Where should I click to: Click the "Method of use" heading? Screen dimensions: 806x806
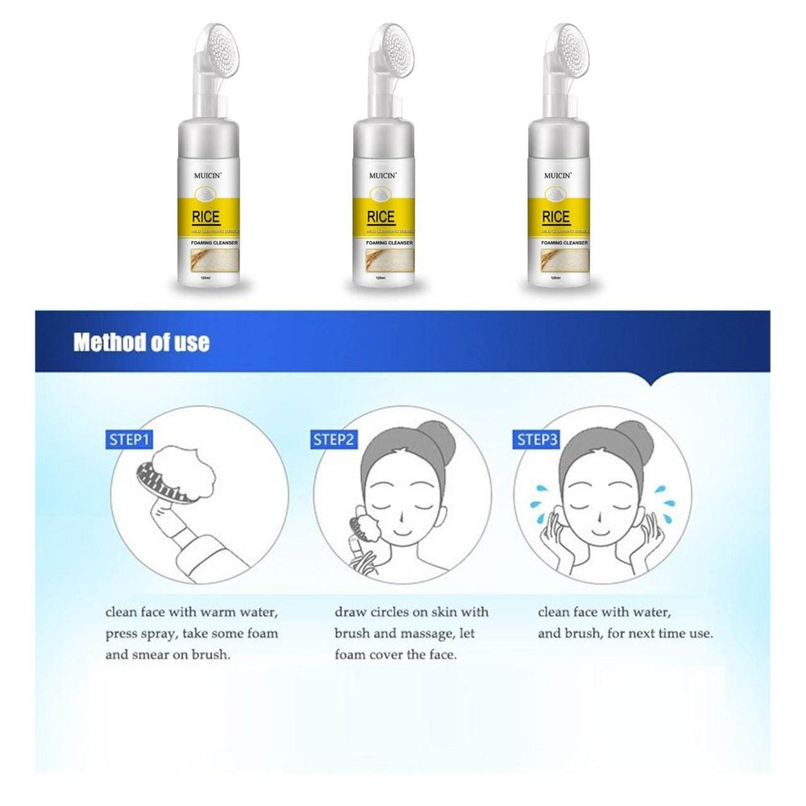coord(141,343)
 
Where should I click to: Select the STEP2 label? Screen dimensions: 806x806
coord(334,439)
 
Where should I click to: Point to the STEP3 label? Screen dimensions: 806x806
coord(537,439)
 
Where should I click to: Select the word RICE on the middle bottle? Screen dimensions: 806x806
coord(380,216)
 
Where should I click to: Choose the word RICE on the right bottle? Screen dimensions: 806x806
coord(555,216)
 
